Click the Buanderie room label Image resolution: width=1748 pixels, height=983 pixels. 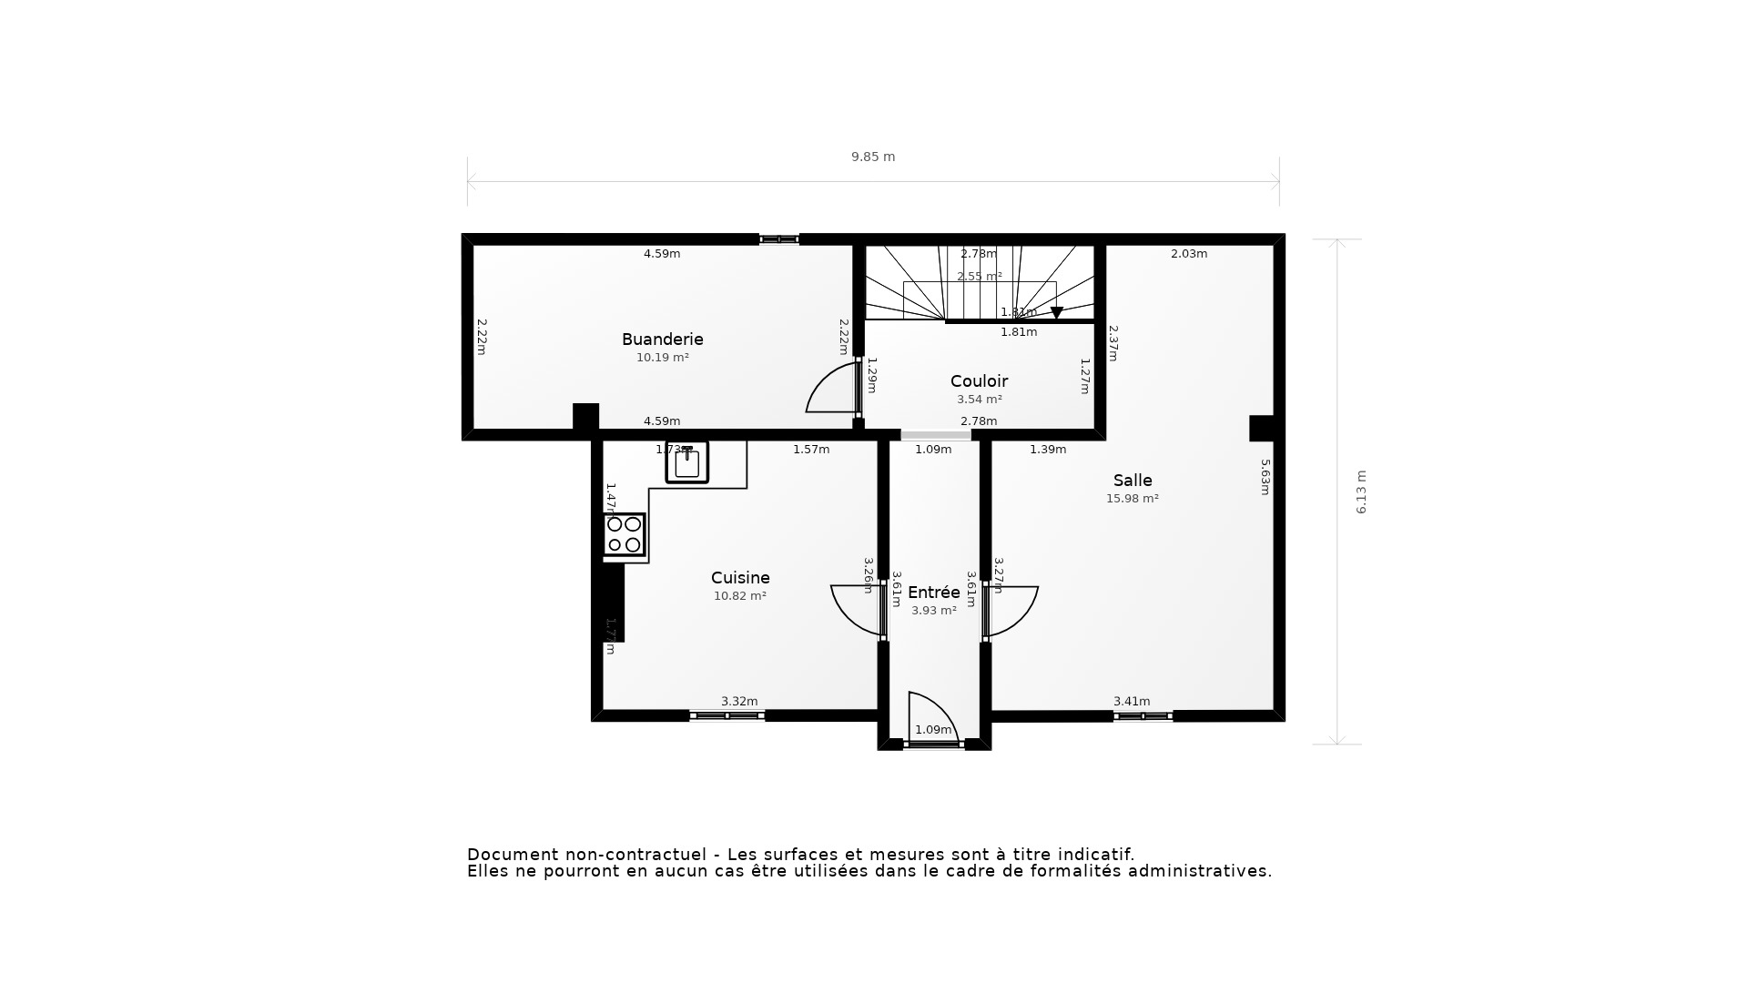(x=662, y=339)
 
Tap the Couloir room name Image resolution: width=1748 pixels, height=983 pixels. (x=979, y=381)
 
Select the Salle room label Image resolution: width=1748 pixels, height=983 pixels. (x=1133, y=481)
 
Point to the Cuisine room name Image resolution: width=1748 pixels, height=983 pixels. (x=740, y=578)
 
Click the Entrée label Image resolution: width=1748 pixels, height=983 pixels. (x=934, y=593)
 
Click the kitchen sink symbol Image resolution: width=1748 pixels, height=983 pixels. (x=687, y=462)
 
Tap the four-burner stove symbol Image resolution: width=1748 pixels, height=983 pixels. (x=624, y=534)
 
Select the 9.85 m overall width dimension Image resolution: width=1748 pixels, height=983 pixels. (x=873, y=157)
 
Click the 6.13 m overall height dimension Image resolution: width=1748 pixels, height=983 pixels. (x=1362, y=491)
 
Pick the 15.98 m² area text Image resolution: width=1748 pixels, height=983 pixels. (x=1133, y=499)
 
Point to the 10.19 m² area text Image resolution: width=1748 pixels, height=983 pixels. (x=662, y=358)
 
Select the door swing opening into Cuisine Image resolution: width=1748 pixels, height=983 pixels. (x=856, y=608)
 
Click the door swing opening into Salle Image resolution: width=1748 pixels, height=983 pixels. (x=1012, y=608)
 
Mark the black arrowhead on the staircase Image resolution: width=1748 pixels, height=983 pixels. (x=1056, y=312)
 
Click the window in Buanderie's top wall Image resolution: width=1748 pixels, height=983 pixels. (x=778, y=239)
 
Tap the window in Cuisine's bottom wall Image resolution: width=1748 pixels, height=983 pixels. (x=727, y=716)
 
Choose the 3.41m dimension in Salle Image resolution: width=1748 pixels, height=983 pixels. (x=1132, y=702)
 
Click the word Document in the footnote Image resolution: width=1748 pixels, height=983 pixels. (x=512, y=855)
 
